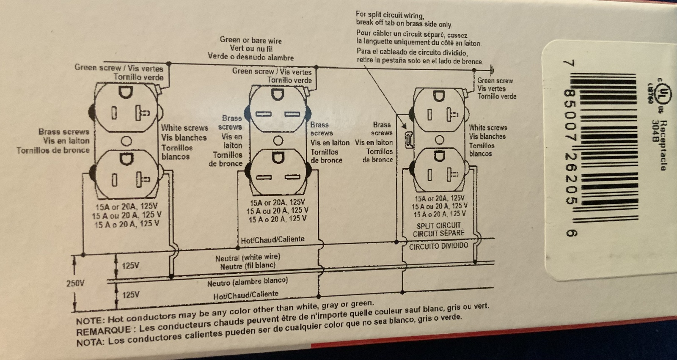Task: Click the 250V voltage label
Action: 75,283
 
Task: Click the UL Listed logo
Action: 662,91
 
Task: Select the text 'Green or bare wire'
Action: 250,41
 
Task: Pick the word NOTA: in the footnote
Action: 90,341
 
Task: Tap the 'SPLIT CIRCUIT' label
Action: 438,225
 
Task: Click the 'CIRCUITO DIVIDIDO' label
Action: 438,246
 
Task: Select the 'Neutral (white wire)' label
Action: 248,258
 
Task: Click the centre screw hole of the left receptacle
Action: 126,141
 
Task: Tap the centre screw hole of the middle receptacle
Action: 278,140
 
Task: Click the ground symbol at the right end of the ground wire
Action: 492,69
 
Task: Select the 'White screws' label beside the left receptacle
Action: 184,128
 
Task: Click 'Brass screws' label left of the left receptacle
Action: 63,132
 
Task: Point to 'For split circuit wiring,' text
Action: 389,16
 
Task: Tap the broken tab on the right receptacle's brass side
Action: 408,140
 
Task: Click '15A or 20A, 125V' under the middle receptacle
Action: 277,203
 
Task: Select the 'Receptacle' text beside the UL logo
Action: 663,146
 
